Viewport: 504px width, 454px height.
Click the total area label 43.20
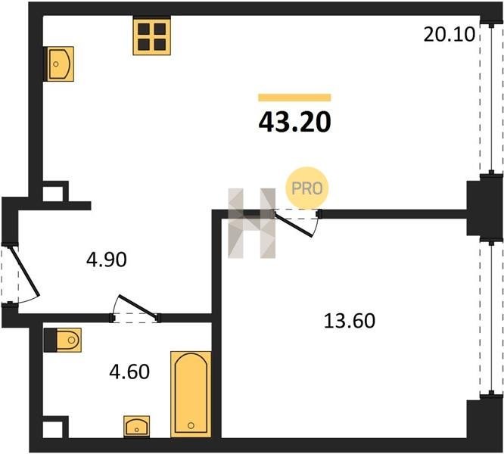pos(294,123)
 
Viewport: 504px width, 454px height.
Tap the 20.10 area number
pos(449,34)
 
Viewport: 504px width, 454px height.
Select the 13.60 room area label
pos(349,321)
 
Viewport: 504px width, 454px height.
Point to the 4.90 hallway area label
pos(107,260)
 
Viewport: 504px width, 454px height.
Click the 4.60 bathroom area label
pos(129,372)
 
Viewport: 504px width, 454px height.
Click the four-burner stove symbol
pos(151,36)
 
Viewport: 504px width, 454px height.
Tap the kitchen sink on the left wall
pos(59,64)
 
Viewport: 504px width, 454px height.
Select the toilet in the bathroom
pos(63,340)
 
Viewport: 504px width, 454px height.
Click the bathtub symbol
pos(191,394)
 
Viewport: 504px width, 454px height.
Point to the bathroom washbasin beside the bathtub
pos(137,427)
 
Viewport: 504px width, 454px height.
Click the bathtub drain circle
pos(191,425)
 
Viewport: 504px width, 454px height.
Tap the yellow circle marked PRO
pos(307,188)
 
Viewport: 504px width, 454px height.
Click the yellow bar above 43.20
pos(294,98)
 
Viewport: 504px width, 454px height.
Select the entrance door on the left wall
pos(20,274)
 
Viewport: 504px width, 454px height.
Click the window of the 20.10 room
pos(491,99)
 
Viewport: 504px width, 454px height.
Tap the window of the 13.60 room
pos(491,318)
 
